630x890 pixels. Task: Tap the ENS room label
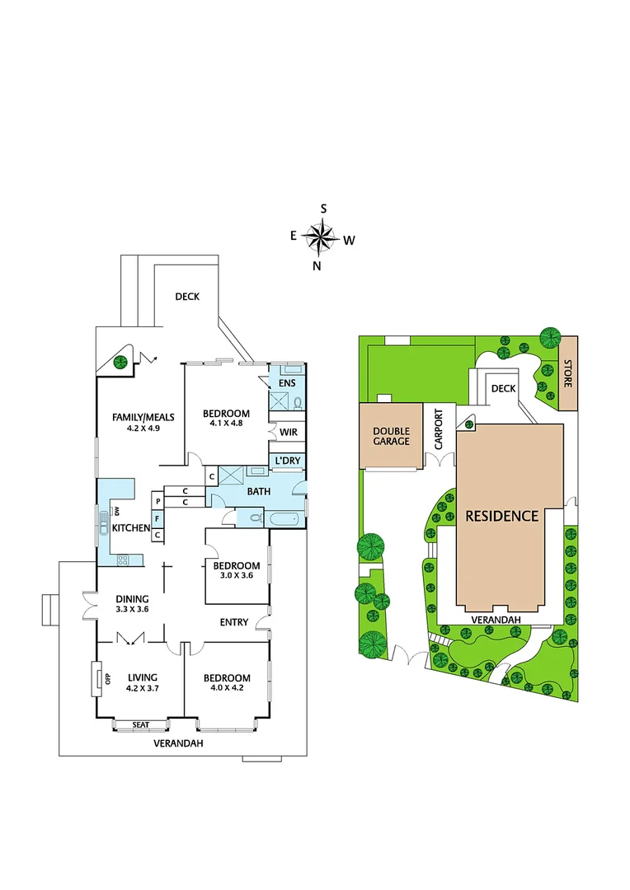coord(287,383)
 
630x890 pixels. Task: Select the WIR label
coord(288,432)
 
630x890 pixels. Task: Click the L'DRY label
coord(287,460)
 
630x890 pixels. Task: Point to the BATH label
coord(258,492)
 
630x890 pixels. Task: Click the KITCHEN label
coord(132,527)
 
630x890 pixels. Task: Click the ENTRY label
coord(233,622)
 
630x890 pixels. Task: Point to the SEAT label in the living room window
coord(140,725)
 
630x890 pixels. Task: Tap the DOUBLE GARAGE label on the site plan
coord(391,436)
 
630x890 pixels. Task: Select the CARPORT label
coord(439,429)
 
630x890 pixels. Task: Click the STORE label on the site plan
coord(567,372)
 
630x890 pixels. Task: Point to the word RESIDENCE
coord(501,517)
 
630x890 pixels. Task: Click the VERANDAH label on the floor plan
coord(179,743)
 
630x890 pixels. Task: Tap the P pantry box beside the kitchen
coord(157,500)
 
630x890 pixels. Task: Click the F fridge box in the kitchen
coord(157,518)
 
